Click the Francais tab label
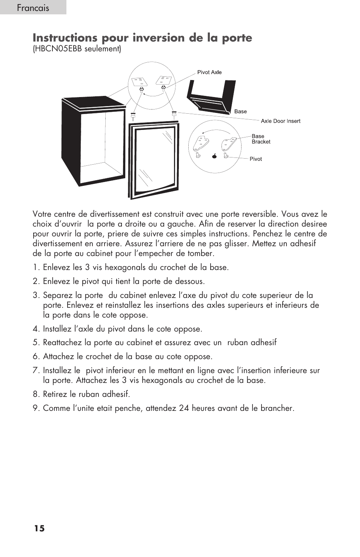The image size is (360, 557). click(x=33, y=8)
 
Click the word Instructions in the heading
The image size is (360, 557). click(x=63, y=38)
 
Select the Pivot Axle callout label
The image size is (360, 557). click(x=209, y=72)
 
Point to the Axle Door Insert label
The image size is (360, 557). click(x=280, y=121)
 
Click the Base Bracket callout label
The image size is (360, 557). click(x=261, y=139)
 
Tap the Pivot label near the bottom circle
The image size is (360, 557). click(x=255, y=159)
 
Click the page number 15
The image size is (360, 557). click(x=39, y=528)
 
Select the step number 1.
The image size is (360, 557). click(x=35, y=267)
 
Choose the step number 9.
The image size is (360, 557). click(x=35, y=408)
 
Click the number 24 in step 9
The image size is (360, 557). click(x=184, y=408)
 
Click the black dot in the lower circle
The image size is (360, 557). click(x=214, y=156)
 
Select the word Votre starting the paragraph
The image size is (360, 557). click(x=42, y=214)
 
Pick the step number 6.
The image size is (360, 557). click(x=35, y=356)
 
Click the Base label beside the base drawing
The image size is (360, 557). click(x=240, y=111)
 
